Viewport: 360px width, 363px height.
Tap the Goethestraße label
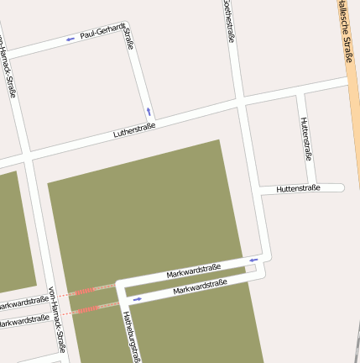tap(229, 20)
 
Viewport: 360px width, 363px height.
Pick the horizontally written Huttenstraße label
tap(298, 189)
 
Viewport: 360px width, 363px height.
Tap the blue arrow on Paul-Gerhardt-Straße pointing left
tap(70, 39)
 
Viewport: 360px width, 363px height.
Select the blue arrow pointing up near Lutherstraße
tap(149, 110)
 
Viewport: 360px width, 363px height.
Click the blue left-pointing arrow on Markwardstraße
tap(253, 260)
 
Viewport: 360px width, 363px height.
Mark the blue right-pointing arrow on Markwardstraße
tap(137, 298)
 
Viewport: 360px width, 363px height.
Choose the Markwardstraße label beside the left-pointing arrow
tap(193, 271)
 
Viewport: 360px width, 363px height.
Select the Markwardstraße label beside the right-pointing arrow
tap(200, 288)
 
